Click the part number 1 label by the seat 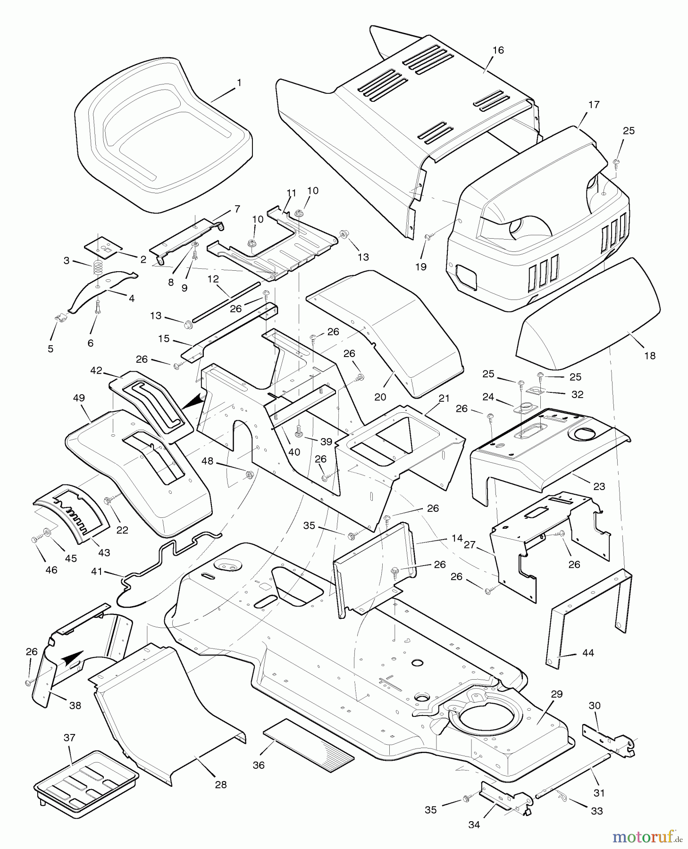pos(239,83)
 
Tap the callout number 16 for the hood pos(498,50)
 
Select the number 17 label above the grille pos(594,105)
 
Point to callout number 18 pos(650,356)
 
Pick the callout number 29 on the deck pos(557,694)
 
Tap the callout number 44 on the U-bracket pos(588,653)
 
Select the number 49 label pos(79,398)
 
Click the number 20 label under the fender pos(380,397)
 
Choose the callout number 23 pos(599,486)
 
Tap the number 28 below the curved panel pos(220,784)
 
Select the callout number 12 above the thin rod pos(213,279)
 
